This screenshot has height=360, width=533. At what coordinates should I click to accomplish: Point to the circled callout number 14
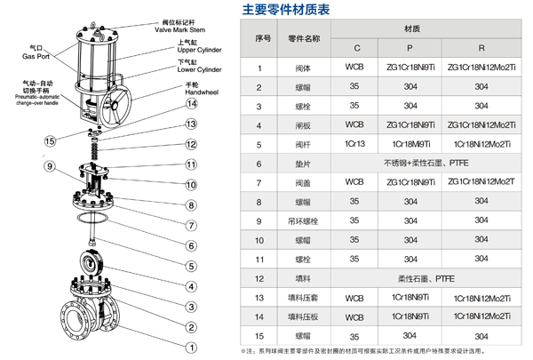[189, 103]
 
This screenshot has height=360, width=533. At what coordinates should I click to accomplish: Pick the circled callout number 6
[189, 244]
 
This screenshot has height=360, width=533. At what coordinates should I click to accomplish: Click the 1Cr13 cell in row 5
[354, 144]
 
